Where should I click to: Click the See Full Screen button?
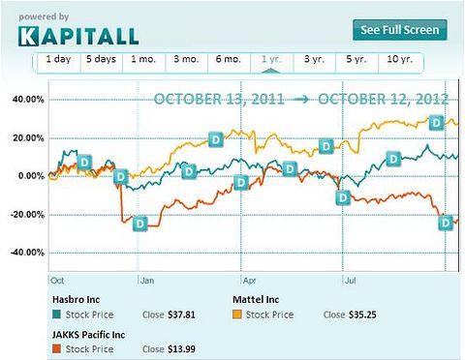[400, 29]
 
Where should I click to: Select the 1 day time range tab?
[59, 60]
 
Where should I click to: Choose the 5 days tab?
[101, 60]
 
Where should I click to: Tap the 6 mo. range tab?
[228, 60]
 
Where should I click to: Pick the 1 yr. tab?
[271, 60]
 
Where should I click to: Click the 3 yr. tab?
[315, 60]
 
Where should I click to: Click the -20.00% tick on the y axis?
[24, 214]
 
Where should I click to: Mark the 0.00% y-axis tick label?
[28, 175]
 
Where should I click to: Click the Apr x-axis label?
[247, 280]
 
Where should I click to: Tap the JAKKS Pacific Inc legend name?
[89, 332]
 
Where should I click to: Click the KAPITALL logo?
[78, 36]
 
